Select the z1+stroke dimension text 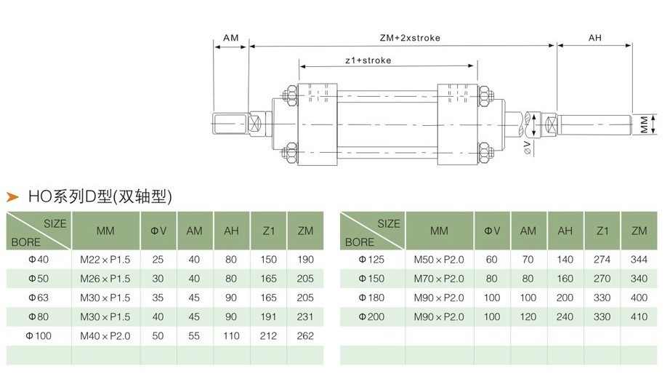point(368,60)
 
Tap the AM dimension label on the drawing point(231,38)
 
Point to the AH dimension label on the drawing point(594,38)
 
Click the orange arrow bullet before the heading point(12,196)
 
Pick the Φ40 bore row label point(36,260)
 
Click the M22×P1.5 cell point(105,260)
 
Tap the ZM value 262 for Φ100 point(305,335)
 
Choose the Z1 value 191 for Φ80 point(268,317)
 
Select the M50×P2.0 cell point(438,260)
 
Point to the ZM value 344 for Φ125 point(639,260)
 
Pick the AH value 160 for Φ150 point(565,279)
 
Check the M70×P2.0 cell point(438,279)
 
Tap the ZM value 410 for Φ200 point(639,317)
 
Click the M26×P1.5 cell point(105,279)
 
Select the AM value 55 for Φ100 point(194,335)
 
